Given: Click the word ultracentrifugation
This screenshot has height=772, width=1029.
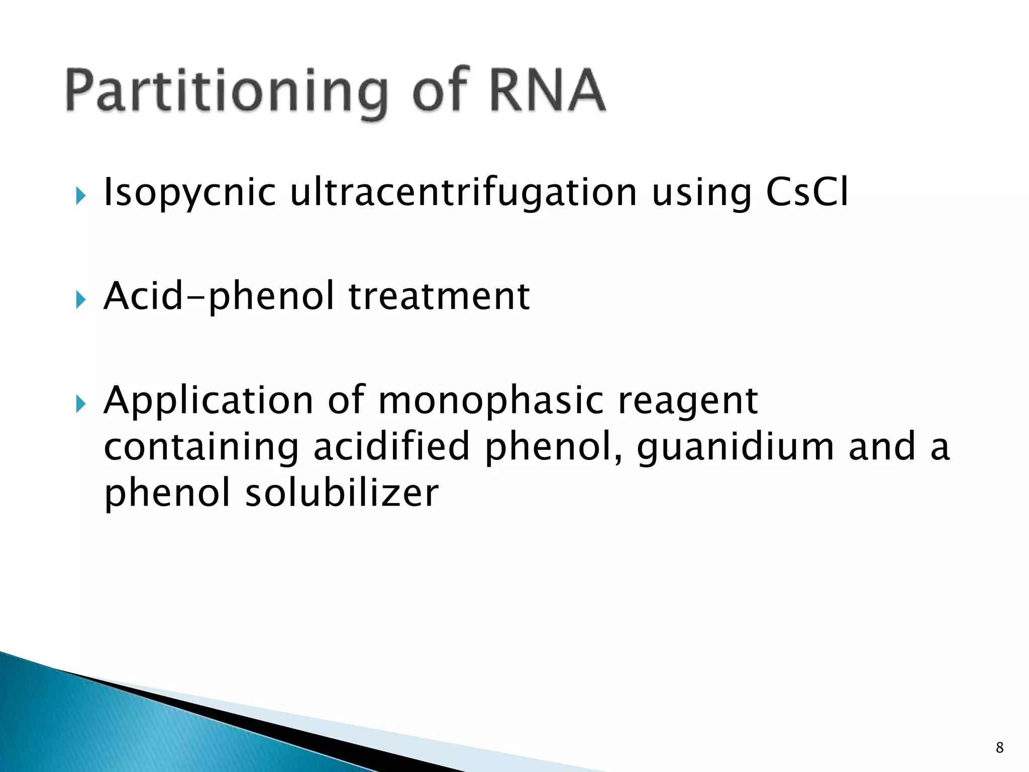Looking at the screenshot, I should (464, 193).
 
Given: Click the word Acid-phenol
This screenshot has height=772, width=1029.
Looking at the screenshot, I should (219, 297).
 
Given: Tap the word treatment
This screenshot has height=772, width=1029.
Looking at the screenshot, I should (439, 297).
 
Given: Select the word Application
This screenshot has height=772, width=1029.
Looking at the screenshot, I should (209, 401).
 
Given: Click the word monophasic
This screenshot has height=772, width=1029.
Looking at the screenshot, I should (490, 401).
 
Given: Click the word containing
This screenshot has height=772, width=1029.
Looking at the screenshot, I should (201, 447).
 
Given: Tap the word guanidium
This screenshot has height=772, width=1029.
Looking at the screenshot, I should (736, 447).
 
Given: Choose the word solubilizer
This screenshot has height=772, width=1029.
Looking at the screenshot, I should (342, 493).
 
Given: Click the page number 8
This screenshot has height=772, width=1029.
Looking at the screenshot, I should (999, 747).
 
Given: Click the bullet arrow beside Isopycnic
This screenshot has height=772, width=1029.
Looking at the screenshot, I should (80, 196).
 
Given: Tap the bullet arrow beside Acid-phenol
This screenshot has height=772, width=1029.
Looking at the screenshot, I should (80, 300).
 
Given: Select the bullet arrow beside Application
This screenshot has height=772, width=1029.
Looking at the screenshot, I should (80, 404).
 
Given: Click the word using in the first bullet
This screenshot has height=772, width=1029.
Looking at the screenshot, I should (701, 194).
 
